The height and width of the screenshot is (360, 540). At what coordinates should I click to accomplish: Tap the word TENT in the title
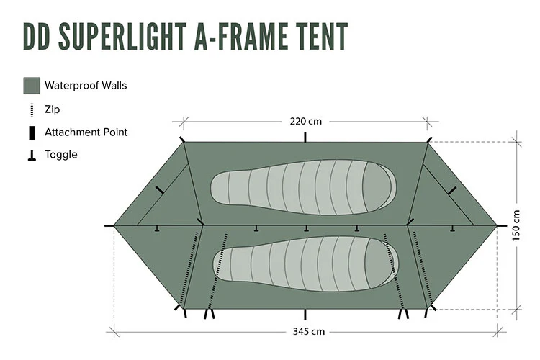point(314,36)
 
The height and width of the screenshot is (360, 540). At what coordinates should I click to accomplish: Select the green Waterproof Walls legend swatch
point(32,86)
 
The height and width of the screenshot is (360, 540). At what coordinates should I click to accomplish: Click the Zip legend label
point(52,109)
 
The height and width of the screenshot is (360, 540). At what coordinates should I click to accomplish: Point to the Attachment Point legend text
point(86,132)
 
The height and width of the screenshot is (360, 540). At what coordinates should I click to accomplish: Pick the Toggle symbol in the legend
point(32,155)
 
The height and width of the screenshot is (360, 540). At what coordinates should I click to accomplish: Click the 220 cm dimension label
point(305,120)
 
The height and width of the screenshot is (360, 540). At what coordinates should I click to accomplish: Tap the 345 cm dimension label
point(305,332)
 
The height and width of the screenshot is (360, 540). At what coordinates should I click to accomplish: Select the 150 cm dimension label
point(516,225)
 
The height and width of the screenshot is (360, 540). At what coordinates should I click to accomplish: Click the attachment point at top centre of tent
point(306,138)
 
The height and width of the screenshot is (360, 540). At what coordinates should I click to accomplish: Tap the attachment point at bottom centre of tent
point(306,314)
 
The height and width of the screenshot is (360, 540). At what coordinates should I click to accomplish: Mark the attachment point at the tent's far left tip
point(110,225)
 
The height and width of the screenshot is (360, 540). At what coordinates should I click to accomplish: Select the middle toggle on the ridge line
point(307,229)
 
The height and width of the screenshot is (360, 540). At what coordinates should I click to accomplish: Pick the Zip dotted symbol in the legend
point(32,109)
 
